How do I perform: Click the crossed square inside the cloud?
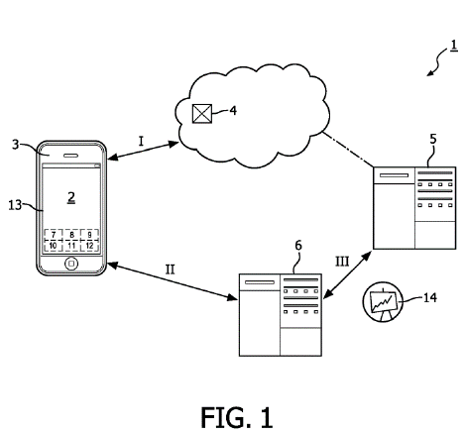pos(202,114)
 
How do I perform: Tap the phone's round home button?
pos(71,264)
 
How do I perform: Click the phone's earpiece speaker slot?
pos(71,155)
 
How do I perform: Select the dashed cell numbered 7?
pos(54,235)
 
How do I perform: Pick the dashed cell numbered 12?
pos(89,246)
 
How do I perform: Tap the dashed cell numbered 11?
pos(71,246)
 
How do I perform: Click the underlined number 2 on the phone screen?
pos(71,197)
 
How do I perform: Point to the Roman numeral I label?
pos(141,142)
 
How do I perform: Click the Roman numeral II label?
pos(170,270)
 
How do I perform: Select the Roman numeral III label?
pos(342,262)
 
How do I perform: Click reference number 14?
pos(429,298)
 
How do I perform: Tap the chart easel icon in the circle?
pos(383,302)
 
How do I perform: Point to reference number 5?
pos(433,139)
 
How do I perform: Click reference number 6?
pos(298,246)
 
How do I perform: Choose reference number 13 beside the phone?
pos(15,205)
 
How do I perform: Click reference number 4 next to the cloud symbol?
pos(233,111)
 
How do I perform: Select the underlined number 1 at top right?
pos(454,46)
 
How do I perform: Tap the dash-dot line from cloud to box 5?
pos(348,149)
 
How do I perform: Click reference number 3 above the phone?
pos(15,145)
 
